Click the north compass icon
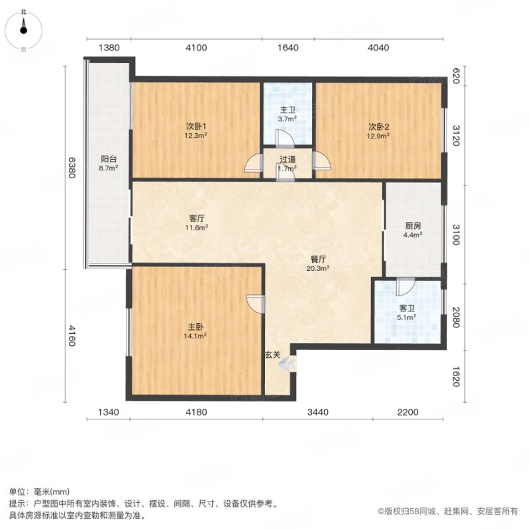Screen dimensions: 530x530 [23, 30]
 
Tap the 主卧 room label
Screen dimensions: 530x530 [195, 327]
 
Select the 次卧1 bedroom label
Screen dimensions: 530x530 [196, 127]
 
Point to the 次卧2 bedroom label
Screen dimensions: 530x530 [378, 127]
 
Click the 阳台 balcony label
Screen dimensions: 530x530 [109, 159]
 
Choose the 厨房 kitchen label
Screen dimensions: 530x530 [413, 226]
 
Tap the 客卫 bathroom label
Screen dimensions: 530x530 [407, 308]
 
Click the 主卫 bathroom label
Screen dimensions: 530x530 [288, 110]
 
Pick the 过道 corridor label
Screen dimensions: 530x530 [288, 159]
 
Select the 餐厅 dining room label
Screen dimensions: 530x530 [318, 259]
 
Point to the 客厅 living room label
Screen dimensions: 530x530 [196, 219]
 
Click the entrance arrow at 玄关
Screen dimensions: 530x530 [287, 364]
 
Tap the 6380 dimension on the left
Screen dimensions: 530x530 [72, 168]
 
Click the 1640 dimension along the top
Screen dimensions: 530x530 [288, 48]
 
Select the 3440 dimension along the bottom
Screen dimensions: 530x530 [318, 412]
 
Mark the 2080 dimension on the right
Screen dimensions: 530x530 [456, 317]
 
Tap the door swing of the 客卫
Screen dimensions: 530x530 [405, 286]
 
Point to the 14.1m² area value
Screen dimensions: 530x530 [195, 336]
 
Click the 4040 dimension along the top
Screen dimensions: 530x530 [378, 48]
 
